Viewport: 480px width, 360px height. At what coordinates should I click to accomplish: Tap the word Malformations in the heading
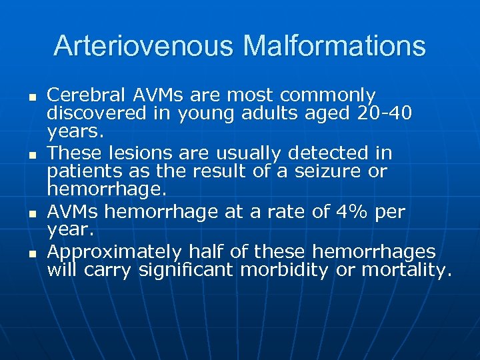(334, 46)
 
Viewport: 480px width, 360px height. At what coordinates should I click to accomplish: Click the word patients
(82, 171)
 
